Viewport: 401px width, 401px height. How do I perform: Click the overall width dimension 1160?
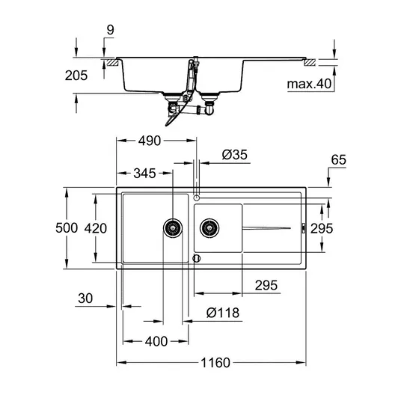point(215,363)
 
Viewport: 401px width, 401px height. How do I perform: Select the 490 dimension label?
point(150,141)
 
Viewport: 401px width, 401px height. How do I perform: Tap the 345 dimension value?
point(144,174)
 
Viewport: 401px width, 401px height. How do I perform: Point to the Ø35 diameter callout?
point(234,155)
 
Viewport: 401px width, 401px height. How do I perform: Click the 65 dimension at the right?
point(339,160)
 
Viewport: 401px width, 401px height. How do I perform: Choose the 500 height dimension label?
point(67,228)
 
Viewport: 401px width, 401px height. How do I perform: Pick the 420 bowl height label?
point(96,228)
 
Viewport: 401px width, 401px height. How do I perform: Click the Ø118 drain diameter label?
point(223,313)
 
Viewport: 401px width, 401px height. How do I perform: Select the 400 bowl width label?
point(156,341)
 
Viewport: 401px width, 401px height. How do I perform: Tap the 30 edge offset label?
point(85,299)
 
